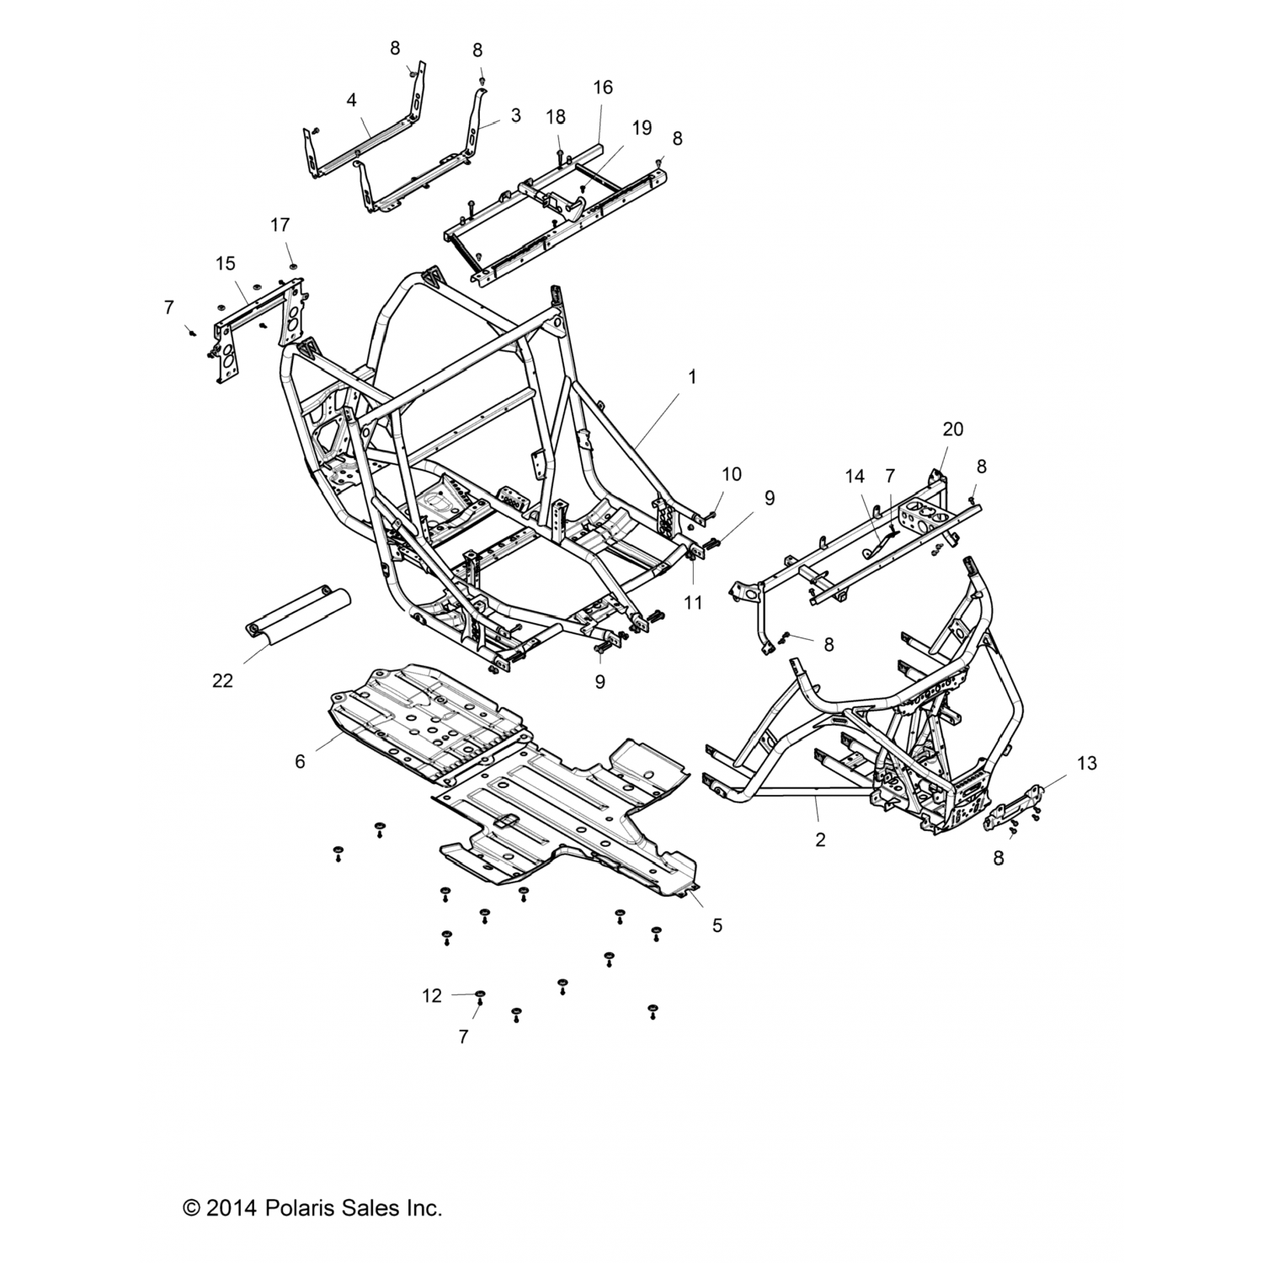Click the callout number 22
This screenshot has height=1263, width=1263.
pos(222,680)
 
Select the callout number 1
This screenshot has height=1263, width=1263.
pos(692,377)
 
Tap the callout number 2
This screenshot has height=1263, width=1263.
pos(821,839)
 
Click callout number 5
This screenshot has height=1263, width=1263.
pos(717,925)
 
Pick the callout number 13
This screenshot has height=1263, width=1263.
pos(1086,763)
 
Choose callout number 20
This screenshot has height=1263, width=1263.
pos(952,429)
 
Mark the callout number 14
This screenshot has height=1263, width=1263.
pos(855,477)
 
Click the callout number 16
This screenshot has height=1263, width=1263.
pos(603,88)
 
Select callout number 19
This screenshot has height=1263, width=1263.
pos(642,128)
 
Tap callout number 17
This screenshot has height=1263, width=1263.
pos(280,225)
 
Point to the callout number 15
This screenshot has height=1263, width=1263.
pos(225,264)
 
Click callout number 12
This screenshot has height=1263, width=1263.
pos(432,996)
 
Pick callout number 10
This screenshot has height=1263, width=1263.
pos(732,474)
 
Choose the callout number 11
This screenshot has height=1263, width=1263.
pos(693,603)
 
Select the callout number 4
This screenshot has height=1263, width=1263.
pos(351,100)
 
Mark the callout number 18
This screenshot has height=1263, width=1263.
pos(555,116)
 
